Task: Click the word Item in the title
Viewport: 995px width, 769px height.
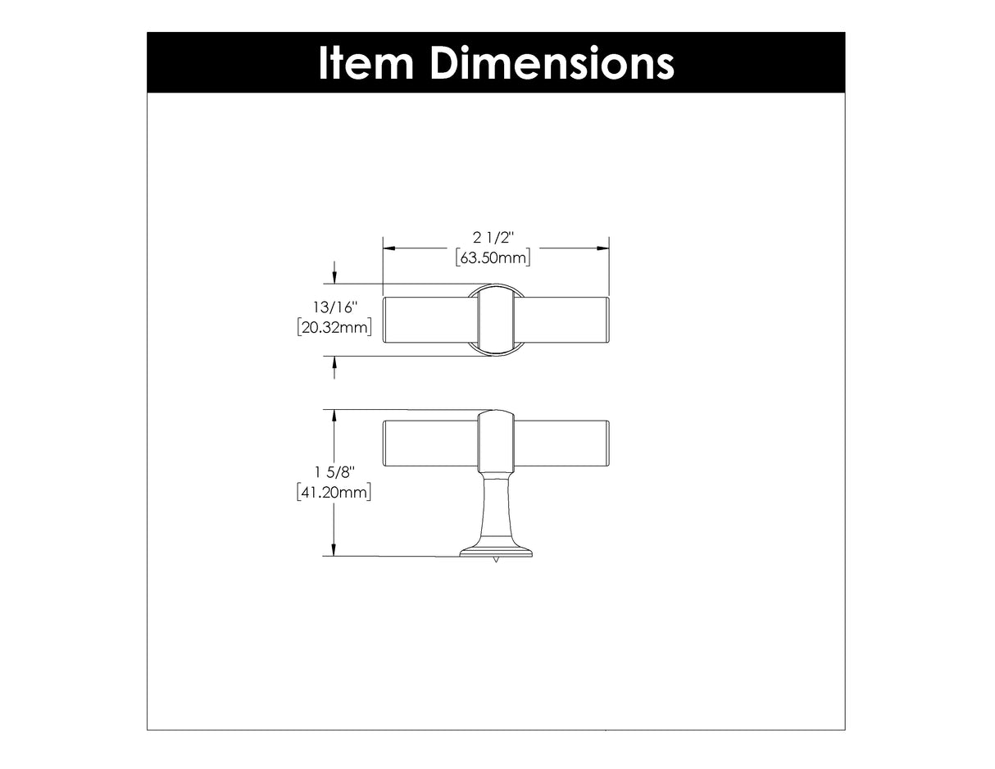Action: [366, 63]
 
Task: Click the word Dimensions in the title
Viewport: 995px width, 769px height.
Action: [552, 63]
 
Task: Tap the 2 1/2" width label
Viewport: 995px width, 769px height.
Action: [493, 238]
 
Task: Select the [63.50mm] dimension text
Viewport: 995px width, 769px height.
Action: [493, 258]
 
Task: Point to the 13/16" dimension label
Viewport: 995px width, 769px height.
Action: [334, 307]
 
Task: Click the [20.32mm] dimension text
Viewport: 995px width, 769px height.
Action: [334, 327]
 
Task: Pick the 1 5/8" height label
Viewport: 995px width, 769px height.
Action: [334, 472]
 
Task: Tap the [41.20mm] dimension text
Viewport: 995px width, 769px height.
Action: [334, 493]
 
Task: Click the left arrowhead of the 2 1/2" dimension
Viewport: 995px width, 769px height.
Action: [388, 248]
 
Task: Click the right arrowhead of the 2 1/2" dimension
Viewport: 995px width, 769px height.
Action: [602, 248]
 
